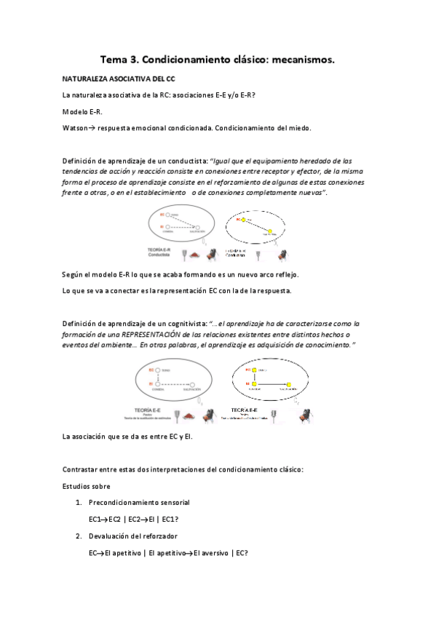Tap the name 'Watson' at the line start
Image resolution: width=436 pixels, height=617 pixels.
pyautogui.click(x=77, y=128)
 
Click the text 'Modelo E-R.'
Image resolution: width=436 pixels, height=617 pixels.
pyautogui.click(x=82, y=111)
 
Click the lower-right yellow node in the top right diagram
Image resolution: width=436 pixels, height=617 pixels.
pyautogui.click(x=269, y=230)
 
